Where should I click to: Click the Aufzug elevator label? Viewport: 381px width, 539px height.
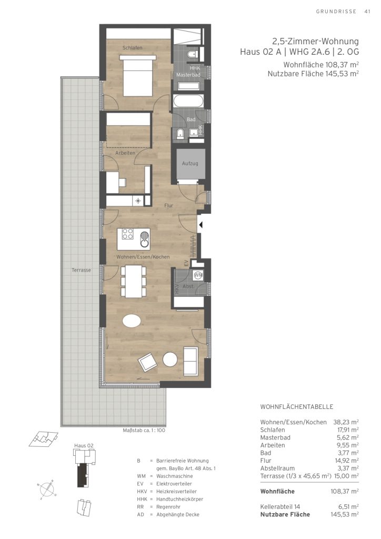click(x=190, y=163)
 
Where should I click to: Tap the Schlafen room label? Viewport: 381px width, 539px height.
click(x=132, y=48)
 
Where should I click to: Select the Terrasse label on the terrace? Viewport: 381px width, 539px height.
click(x=82, y=270)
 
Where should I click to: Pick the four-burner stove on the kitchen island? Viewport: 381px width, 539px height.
click(x=128, y=234)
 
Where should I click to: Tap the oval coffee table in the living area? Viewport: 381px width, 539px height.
click(x=131, y=322)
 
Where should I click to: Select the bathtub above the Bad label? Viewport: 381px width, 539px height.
click(x=188, y=102)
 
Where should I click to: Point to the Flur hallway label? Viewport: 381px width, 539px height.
click(x=168, y=206)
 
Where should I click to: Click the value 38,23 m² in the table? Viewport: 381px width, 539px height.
click(x=346, y=422)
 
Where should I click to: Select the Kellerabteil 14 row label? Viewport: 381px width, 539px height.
click(x=280, y=507)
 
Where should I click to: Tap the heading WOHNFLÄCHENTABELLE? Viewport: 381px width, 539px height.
click(x=297, y=407)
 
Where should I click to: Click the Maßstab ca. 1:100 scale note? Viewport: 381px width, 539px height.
click(x=144, y=431)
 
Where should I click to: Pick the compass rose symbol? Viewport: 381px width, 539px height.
click(x=46, y=488)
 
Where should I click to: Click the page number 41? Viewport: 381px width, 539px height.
click(x=367, y=12)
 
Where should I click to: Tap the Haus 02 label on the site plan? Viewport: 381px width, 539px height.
click(x=84, y=445)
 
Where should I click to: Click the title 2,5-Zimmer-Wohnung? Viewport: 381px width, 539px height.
click(x=315, y=42)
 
